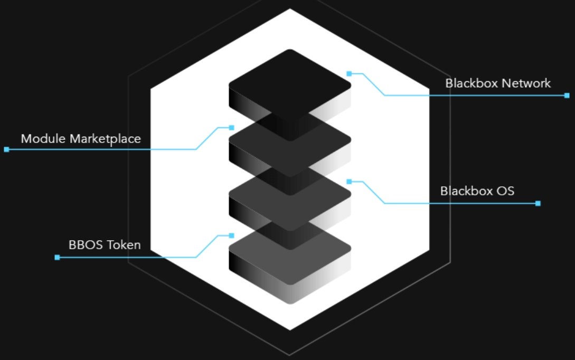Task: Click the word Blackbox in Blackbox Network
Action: [x=469, y=83]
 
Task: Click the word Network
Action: [x=524, y=83]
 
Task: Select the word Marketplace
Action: [x=105, y=139]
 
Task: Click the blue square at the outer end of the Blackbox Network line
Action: [x=567, y=96]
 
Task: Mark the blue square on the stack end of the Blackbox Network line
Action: [x=349, y=74]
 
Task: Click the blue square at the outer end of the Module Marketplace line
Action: [x=7, y=149]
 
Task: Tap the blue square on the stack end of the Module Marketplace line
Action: [x=231, y=128]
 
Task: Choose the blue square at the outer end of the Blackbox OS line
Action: [x=538, y=203]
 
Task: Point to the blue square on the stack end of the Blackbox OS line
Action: [x=349, y=182]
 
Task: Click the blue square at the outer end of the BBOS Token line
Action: [x=57, y=258]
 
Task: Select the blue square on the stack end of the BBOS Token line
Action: [x=231, y=235]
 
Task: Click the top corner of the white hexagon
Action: [x=290, y=9]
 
